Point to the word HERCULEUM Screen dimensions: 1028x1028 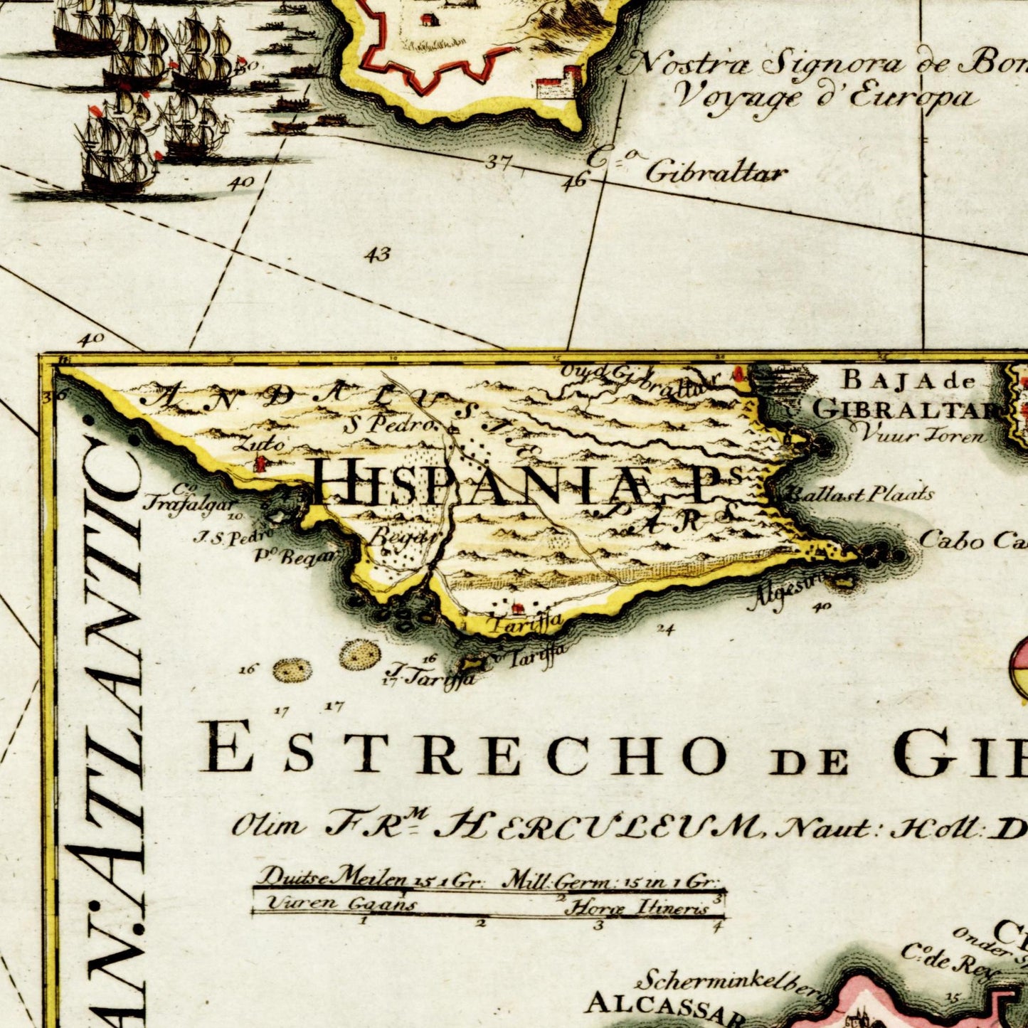tap(598, 826)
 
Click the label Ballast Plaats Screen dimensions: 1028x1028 tap(859, 494)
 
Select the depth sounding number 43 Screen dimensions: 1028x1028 tap(378, 254)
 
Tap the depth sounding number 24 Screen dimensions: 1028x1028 tap(665, 629)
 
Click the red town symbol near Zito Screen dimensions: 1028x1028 tap(261, 463)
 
